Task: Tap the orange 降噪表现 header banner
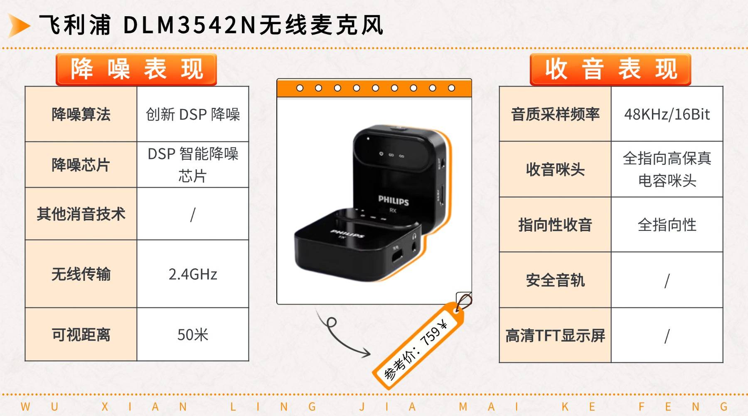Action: pyautogui.click(x=136, y=69)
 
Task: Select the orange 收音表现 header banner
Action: pyautogui.click(x=610, y=69)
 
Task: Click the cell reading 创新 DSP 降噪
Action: pyautogui.click(x=193, y=114)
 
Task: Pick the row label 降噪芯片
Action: pyautogui.click(x=81, y=165)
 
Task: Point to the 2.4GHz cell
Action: pyautogui.click(x=193, y=274)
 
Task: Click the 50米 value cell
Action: pyautogui.click(x=193, y=334)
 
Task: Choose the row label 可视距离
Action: pyautogui.click(x=81, y=334)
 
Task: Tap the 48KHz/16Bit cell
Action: pyautogui.click(x=667, y=114)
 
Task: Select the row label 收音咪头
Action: pyautogui.click(x=555, y=169)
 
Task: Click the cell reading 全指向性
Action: pyautogui.click(x=667, y=225)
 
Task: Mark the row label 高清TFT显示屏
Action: pyautogui.click(x=555, y=335)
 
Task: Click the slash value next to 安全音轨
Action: pyautogui.click(x=667, y=280)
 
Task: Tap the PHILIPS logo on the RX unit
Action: pyautogui.click(x=393, y=201)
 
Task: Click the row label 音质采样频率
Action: pyautogui.click(x=555, y=114)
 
